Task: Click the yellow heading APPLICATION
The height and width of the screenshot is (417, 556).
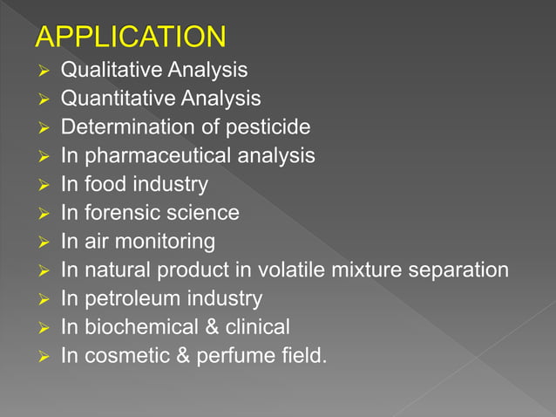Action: point(130,37)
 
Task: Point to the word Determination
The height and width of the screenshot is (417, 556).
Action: point(120,127)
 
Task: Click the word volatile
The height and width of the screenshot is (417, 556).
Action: point(293,270)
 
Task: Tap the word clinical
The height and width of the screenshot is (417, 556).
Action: point(258,327)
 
